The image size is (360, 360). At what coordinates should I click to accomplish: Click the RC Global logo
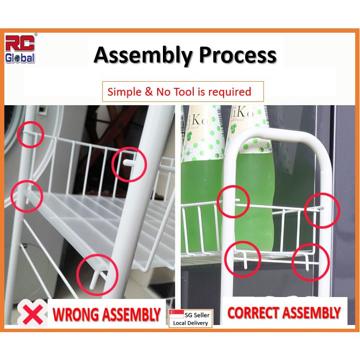click(20, 49)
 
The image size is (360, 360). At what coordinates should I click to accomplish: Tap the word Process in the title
click(237, 55)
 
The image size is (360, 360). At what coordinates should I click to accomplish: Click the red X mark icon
click(33, 314)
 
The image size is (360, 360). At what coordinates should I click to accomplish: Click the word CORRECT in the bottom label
click(253, 313)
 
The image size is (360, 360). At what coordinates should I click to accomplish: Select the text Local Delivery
click(190, 323)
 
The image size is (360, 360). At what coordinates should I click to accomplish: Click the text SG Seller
click(197, 315)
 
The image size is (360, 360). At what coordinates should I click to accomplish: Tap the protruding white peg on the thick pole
click(129, 163)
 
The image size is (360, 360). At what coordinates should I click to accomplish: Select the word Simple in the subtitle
click(124, 92)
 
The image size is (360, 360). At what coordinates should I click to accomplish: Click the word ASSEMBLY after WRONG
click(131, 314)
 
